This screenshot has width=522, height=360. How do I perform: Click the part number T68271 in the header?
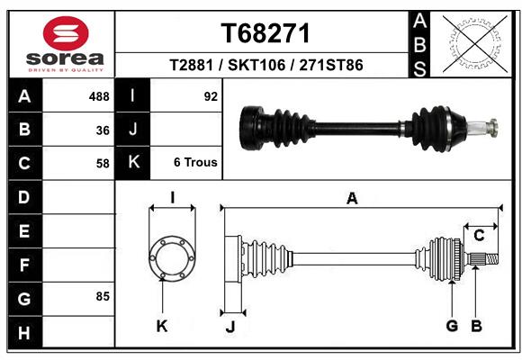(x=265, y=33)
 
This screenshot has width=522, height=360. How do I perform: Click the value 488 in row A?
(x=99, y=95)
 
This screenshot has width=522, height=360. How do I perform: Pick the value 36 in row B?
(x=103, y=130)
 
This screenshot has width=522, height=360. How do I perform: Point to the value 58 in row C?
(x=103, y=164)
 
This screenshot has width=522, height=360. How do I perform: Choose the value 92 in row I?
(x=211, y=95)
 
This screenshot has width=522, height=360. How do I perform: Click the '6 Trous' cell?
(x=195, y=163)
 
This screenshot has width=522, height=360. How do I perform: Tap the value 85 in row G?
(x=103, y=296)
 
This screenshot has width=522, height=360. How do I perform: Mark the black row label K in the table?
(x=133, y=163)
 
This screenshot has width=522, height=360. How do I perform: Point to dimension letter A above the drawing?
(x=352, y=199)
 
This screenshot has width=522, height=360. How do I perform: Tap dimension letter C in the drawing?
(x=479, y=236)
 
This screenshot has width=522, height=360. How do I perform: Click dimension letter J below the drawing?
(x=230, y=327)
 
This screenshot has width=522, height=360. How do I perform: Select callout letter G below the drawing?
(x=452, y=326)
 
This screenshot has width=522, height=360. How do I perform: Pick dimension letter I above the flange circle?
(x=172, y=198)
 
